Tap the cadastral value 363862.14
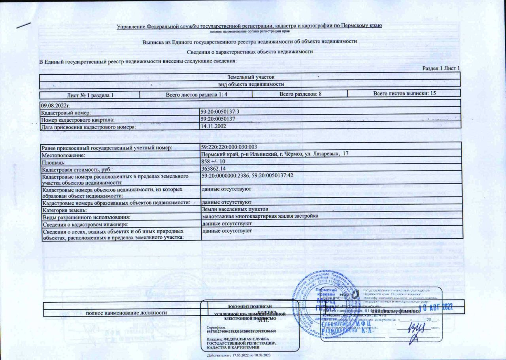pos(214,169)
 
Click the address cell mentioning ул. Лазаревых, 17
pos(274,154)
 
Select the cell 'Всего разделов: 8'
pos(300,94)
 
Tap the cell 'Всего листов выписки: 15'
pos(404,94)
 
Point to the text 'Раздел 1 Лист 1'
pos(441,68)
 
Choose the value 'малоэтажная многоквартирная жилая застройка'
pos(260,216)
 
